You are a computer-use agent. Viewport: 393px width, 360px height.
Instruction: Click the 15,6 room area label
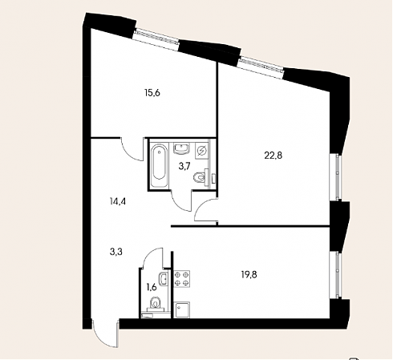[x=152, y=93]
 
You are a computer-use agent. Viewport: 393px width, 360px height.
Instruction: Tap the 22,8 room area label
[x=273, y=155]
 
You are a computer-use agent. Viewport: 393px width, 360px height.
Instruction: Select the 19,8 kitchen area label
[x=249, y=274]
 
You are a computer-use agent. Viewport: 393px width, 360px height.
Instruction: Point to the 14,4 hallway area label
[x=118, y=201]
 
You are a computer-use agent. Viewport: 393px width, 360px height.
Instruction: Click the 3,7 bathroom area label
[x=184, y=167]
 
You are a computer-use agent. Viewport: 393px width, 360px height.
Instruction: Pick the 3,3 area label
[x=116, y=252]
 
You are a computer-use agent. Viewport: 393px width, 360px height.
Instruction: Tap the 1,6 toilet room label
[x=151, y=287]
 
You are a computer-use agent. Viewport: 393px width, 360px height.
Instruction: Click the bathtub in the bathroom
[x=160, y=166]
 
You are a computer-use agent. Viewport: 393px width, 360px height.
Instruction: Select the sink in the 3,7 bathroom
[x=182, y=148]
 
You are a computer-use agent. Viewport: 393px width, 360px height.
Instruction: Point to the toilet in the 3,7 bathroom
[x=201, y=177]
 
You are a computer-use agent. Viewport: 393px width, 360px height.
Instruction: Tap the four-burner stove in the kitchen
[x=182, y=279]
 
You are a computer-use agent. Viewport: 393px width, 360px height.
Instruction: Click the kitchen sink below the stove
[x=182, y=310]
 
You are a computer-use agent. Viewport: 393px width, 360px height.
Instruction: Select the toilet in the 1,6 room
[x=156, y=304]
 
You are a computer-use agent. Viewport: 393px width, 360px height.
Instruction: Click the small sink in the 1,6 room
[x=164, y=279]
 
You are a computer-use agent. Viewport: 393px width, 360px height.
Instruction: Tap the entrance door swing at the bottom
[x=105, y=334]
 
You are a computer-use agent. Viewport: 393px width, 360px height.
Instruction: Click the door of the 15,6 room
[x=132, y=149]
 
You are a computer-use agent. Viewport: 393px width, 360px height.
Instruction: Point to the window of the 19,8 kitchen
[x=336, y=275]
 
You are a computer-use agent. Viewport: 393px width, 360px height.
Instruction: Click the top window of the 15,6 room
[x=156, y=37]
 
